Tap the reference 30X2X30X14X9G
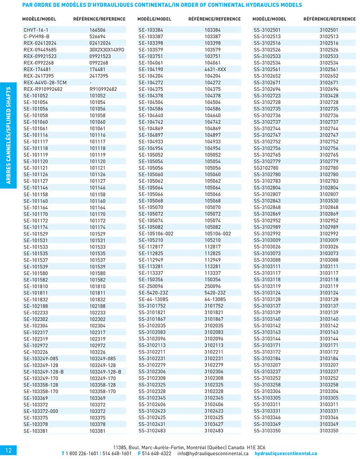107,50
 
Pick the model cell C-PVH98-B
36,36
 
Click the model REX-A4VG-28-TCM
45,83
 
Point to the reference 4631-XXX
215,70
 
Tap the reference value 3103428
328,96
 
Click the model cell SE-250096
151,286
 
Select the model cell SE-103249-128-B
44,372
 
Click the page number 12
9,450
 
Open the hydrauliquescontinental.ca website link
286,454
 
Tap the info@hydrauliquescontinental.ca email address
213,454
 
